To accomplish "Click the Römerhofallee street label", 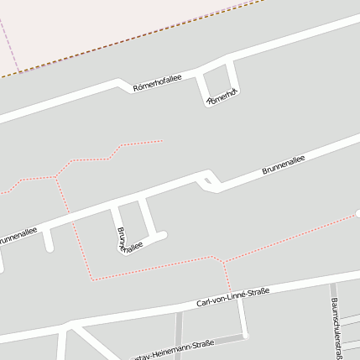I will [x=157, y=81].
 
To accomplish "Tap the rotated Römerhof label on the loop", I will [x=222, y=97].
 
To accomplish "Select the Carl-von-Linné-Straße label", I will [x=232, y=296].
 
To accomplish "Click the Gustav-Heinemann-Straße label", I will [x=176, y=347].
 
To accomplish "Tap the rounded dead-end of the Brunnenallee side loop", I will [x=163, y=236].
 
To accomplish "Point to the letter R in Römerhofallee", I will [x=136, y=87].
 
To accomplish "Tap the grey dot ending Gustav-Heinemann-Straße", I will [x=246, y=337].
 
